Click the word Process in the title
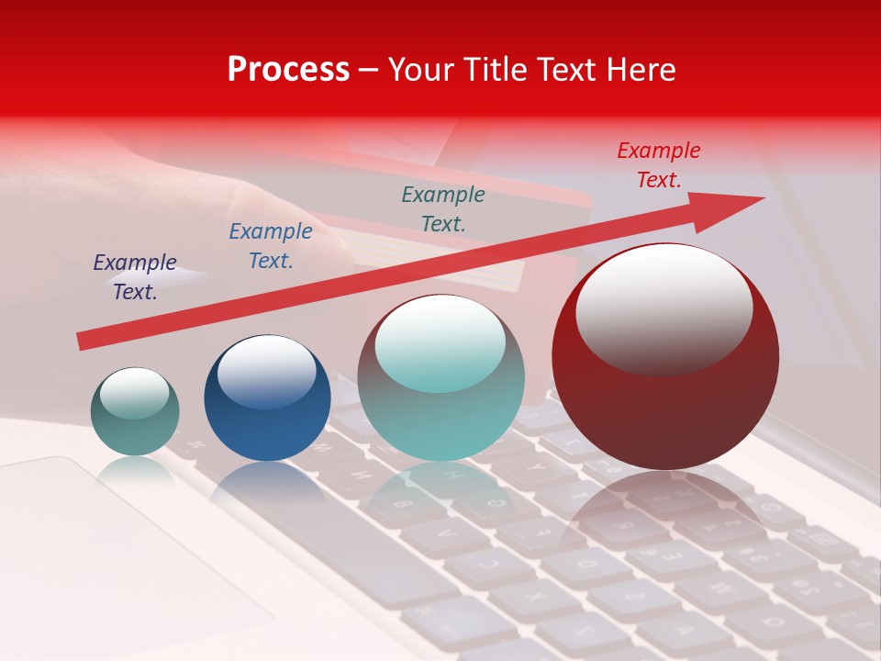(288, 70)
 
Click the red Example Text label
(659, 165)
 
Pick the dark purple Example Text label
(135, 277)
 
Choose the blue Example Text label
(271, 246)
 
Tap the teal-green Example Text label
(443, 208)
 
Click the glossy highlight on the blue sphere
(266, 367)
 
